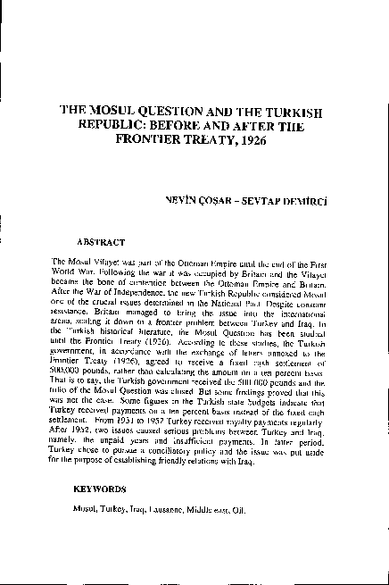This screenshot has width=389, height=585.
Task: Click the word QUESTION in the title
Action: [x=177, y=114]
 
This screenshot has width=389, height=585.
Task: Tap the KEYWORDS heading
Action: [x=104, y=490]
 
